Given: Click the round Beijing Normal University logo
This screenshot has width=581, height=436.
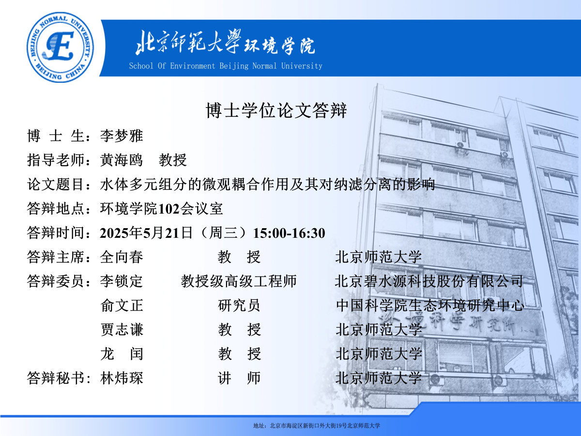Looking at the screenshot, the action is pyautogui.click(x=61, y=47).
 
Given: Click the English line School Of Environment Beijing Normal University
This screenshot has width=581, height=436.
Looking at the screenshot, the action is pyautogui.click(x=226, y=66).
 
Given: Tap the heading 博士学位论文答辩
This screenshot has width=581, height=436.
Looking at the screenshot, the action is pyautogui.click(x=276, y=110).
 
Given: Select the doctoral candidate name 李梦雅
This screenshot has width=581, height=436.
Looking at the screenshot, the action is pyautogui.click(x=122, y=136).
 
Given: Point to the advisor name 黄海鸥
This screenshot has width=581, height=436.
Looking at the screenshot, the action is pyautogui.click(x=122, y=160).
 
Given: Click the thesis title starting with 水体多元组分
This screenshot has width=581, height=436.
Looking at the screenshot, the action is pyautogui.click(x=268, y=184).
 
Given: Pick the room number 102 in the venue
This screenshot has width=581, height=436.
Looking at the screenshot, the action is pyautogui.click(x=168, y=209).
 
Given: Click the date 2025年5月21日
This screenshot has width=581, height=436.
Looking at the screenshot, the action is pyautogui.click(x=146, y=233).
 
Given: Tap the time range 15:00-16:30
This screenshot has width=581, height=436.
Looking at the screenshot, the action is pyautogui.click(x=289, y=233).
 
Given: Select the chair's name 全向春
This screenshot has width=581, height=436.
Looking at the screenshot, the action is pyautogui.click(x=122, y=257).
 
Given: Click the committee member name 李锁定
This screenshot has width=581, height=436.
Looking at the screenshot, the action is pyautogui.click(x=122, y=281).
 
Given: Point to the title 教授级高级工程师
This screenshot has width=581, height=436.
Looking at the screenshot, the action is pyautogui.click(x=239, y=281).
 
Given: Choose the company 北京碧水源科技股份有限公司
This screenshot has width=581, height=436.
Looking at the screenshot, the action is pyautogui.click(x=429, y=281).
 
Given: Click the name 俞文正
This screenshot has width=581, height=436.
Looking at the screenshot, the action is pyautogui.click(x=122, y=306).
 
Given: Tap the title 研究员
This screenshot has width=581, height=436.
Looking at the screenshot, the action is pyautogui.click(x=239, y=306).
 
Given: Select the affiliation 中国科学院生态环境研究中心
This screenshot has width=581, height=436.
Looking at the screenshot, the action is pyautogui.click(x=430, y=306).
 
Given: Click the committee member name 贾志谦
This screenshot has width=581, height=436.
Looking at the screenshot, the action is pyautogui.click(x=122, y=329).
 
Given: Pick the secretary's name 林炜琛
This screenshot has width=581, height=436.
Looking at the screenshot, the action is pyautogui.click(x=122, y=378).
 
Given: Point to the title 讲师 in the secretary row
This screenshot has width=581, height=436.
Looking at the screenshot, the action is pyautogui.click(x=239, y=378).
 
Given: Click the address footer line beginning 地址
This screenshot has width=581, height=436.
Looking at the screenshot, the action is pyautogui.click(x=317, y=426).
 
